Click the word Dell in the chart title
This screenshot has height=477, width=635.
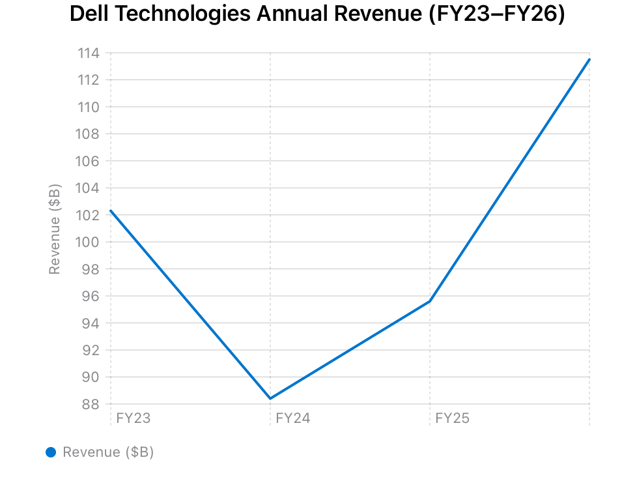click(x=89, y=14)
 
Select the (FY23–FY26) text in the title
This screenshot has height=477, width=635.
click(x=496, y=14)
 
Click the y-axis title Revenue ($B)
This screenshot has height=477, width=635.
click(x=55, y=229)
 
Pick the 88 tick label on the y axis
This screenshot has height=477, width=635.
click(x=91, y=405)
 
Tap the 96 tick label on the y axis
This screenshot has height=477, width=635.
click(x=91, y=296)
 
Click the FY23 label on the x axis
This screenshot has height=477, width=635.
click(x=133, y=418)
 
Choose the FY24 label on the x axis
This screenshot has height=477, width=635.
click(x=292, y=418)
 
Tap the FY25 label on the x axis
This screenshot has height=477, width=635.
click(x=452, y=418)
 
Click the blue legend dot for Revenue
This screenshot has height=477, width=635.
click(x=51, y=452)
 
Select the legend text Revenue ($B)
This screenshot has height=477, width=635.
click(x=108, y=452)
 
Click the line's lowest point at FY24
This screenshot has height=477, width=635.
click(x=270, y=398)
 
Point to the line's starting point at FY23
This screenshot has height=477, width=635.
click(x=111, y=210)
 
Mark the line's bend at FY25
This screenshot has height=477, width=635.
click(x=430, y=301)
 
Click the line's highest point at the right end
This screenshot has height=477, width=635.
click(x=589, y=59)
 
